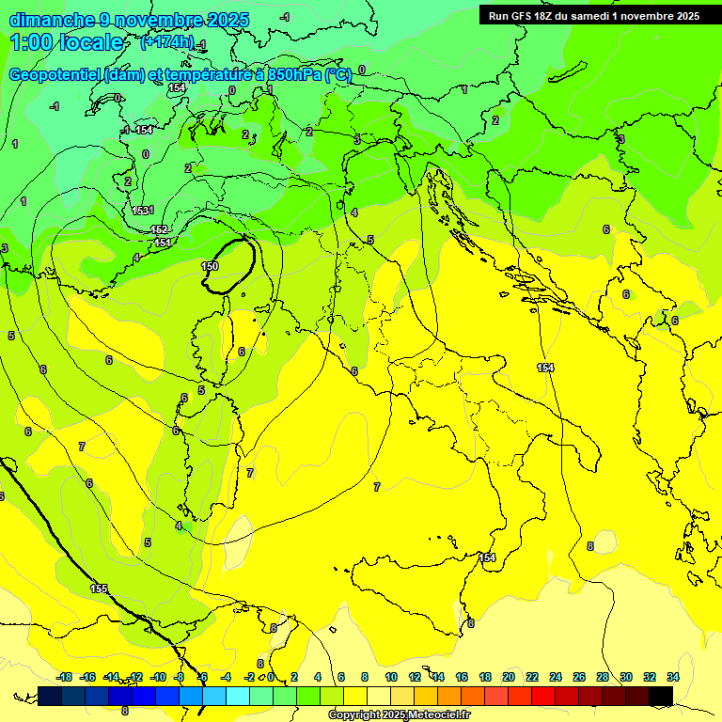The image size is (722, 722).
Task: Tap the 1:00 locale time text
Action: (x=67, y=42)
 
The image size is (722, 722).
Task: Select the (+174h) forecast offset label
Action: (x=166, y=42)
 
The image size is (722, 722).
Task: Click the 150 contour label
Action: (x=210, y=267)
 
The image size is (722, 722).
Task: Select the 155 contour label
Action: (x=99, y=589)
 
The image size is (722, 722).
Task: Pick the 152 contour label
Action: (x=159, y=230)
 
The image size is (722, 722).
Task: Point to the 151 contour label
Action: (x=163, y=243)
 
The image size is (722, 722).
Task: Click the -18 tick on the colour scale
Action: (x=65, y=677)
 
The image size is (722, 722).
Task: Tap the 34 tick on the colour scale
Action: (x=673, y=677)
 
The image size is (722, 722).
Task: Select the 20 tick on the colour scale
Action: (x=509, y=677)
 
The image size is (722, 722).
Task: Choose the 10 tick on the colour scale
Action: (x=391, y=677)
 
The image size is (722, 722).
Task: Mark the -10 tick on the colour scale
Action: (x=158, y=677)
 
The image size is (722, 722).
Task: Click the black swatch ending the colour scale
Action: (x=661, y=696)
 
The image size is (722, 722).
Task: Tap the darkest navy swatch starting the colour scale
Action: (x=50, y=696)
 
